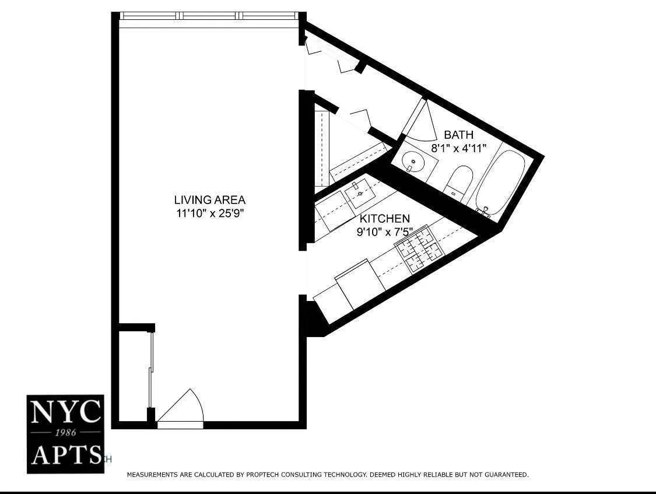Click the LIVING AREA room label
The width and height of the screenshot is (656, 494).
click(209, 200)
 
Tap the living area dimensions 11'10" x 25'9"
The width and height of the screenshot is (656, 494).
click(209, 213)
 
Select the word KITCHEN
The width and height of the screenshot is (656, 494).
click(384, 219)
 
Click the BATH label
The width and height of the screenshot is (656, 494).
click(459, 135)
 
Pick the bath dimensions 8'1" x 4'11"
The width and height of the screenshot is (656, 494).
click(458, 148)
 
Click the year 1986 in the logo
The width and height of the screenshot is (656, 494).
click(65, 433)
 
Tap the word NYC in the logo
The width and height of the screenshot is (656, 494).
click(65, 413)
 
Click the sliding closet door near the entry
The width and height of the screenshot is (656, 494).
click(152, 370)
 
